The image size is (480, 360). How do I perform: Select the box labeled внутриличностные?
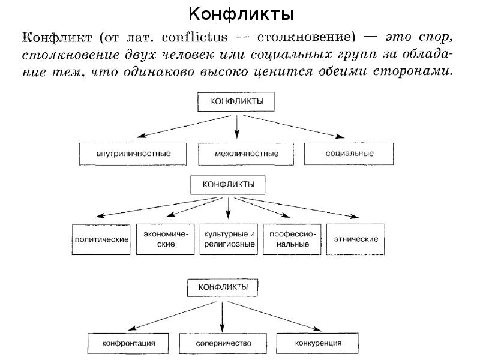[134, 154]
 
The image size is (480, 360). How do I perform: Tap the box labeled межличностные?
[246, 154]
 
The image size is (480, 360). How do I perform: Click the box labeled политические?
[101, 239]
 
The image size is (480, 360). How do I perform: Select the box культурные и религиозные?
[229, 239]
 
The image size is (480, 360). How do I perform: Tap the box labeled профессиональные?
[293, 239]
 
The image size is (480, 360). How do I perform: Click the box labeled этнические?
[356, 239]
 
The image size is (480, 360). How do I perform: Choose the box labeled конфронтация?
[130, 344]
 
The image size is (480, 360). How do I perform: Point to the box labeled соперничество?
[223, 344]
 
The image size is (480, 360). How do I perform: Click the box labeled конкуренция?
[319, 344]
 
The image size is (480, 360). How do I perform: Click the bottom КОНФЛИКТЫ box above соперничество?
[224, 287]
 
